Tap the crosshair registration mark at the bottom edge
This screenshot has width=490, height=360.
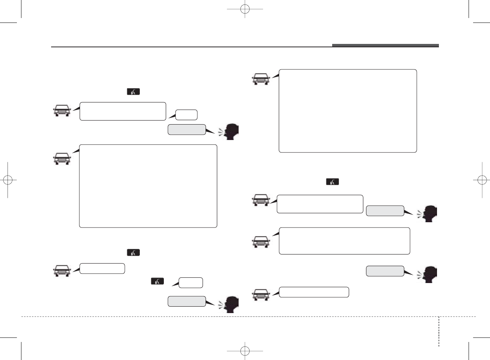click(x=245, y=351)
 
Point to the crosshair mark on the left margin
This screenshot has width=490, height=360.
click(x=8, y=180)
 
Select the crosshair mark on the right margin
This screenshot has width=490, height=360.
click(x=482, y=180)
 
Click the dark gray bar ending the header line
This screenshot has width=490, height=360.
click(x=385, y=46)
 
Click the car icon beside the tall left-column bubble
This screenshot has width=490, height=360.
click(x=62, y=159)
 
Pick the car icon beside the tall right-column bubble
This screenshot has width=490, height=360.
click(x=261, y=79)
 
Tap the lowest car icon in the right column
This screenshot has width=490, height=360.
click(x=261, y=295)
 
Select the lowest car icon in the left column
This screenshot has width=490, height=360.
click(x=62, y=270)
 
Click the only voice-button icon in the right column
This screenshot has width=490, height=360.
click(x=332, y=182)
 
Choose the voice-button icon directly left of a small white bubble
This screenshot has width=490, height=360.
click(x=157, y=281)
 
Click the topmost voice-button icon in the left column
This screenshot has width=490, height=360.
click(x=133, y=92)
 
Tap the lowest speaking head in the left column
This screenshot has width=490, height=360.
click(x=230, y=304)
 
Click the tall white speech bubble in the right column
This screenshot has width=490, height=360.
click(x=348, y=111)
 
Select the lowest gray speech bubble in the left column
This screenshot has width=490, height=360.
click(x=186, y=301)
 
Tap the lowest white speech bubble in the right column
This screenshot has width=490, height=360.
click(x=314, y=292)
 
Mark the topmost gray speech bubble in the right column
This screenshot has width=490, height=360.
click(x=385, y=211)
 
